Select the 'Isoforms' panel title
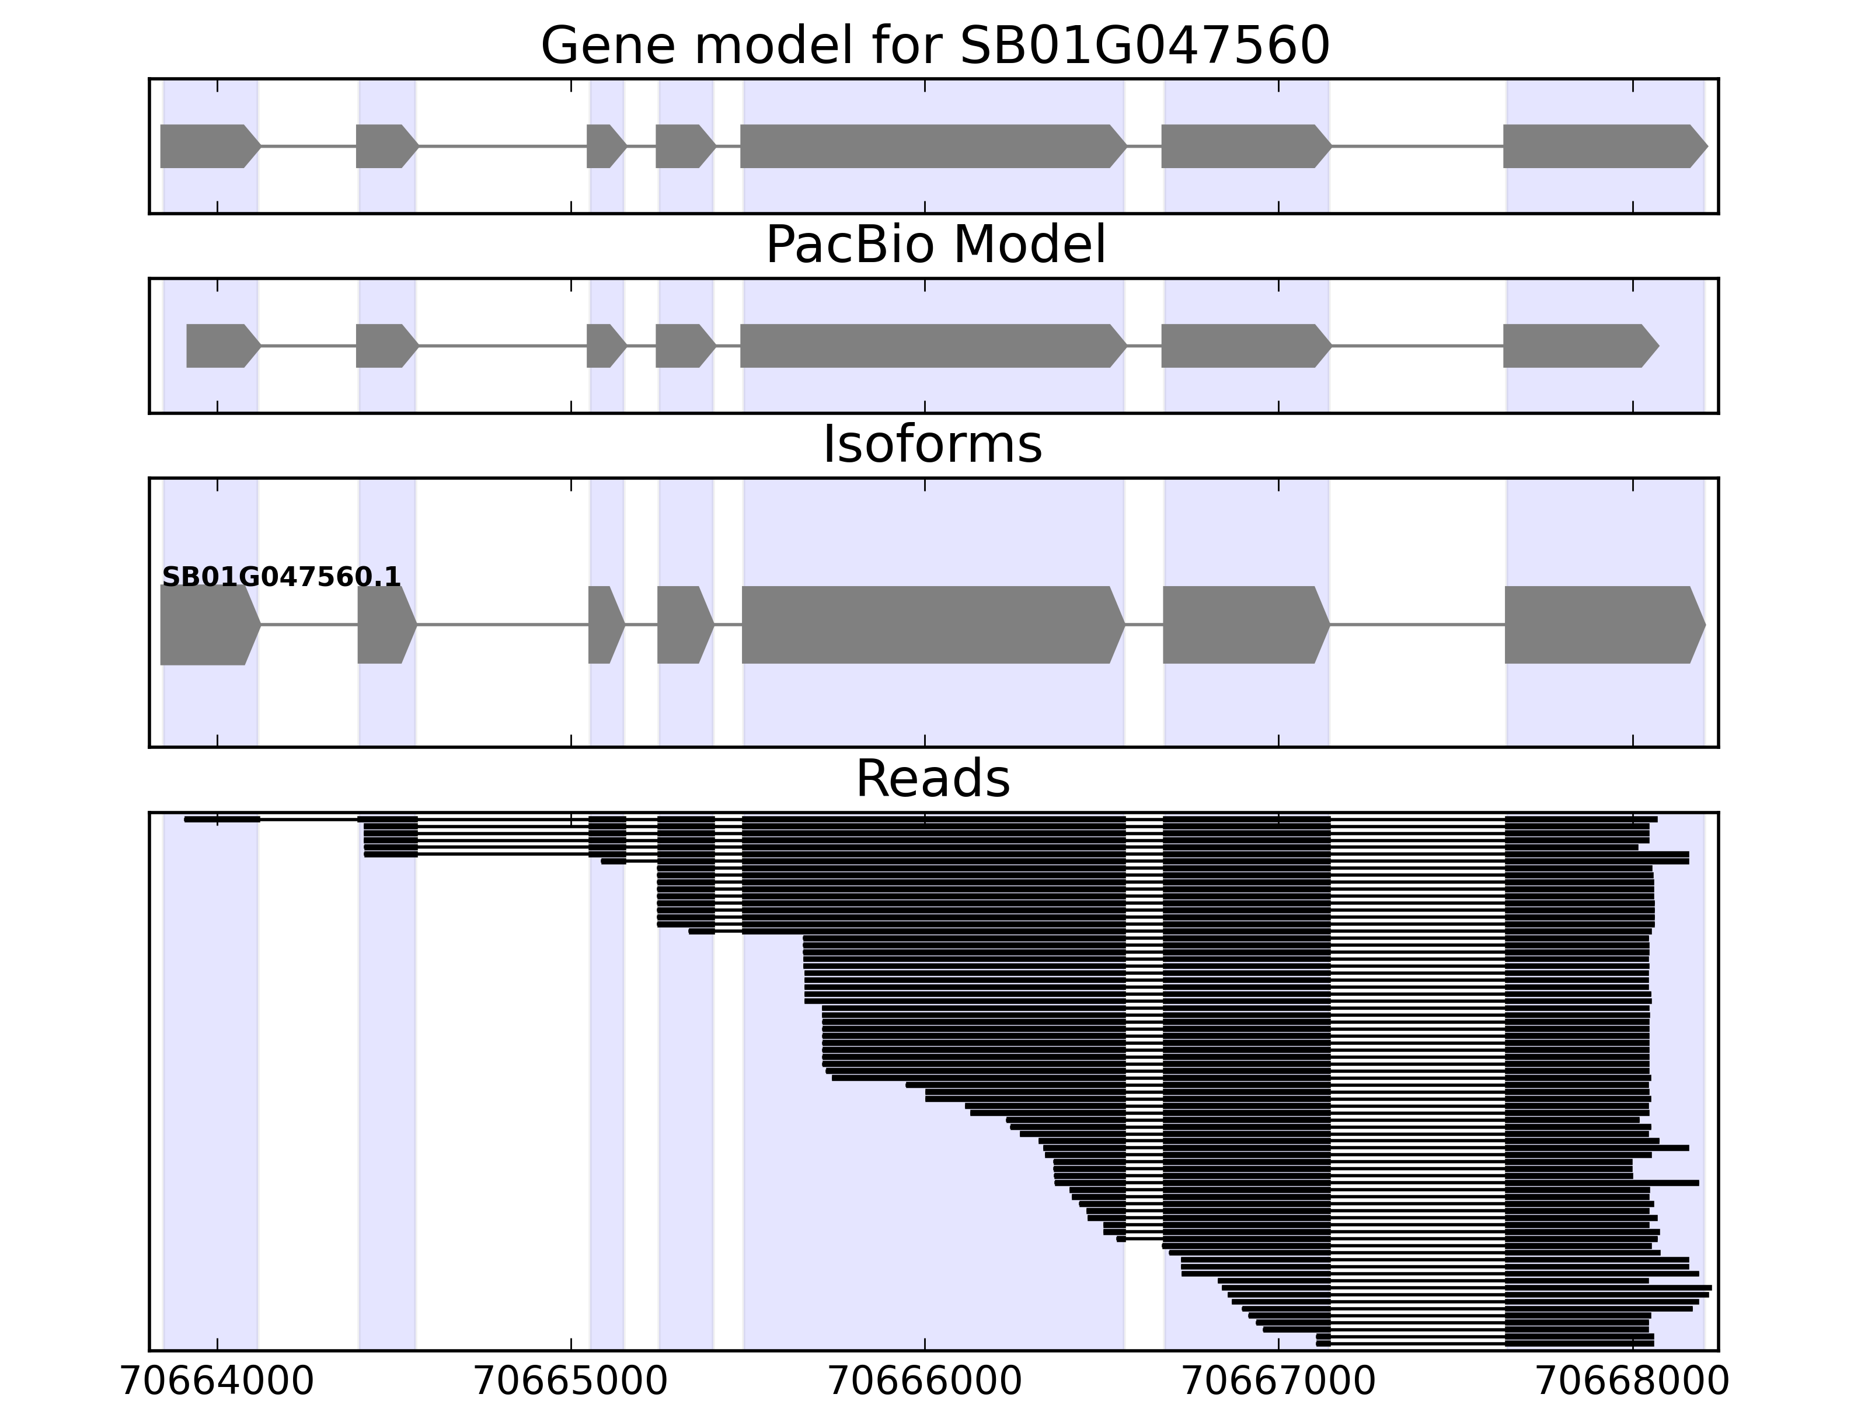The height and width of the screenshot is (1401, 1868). [932, 445]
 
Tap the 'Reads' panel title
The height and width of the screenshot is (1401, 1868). [932, 779]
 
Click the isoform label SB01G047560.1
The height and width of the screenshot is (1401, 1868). [281, 578]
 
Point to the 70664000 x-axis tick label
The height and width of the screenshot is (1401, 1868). [217, 1382]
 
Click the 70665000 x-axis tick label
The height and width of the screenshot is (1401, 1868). [571, 1382]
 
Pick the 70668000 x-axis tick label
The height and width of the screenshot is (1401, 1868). [1632, 1382]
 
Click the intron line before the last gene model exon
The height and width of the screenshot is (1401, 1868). [1417, 146]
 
